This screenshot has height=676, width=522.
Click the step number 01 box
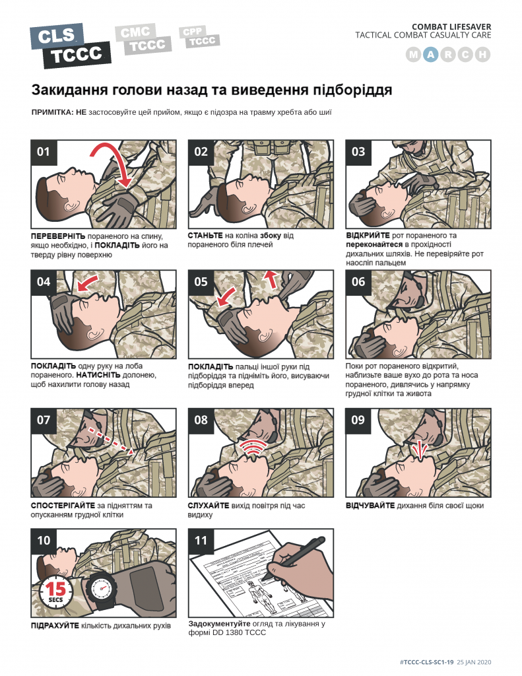44,152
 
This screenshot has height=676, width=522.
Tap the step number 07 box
44,421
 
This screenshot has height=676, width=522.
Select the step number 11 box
201,541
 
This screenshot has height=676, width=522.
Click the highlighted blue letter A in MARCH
431,55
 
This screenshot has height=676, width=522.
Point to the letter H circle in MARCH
483,55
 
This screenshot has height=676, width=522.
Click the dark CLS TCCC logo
71,46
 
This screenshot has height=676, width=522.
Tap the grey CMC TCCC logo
143,39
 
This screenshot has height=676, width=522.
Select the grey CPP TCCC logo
199,37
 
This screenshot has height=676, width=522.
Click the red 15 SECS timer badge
55,591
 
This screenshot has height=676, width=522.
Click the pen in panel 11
294,558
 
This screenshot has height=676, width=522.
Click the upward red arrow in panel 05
271,279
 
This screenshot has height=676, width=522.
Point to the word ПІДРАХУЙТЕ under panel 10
55,626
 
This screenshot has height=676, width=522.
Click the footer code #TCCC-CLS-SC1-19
427,662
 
